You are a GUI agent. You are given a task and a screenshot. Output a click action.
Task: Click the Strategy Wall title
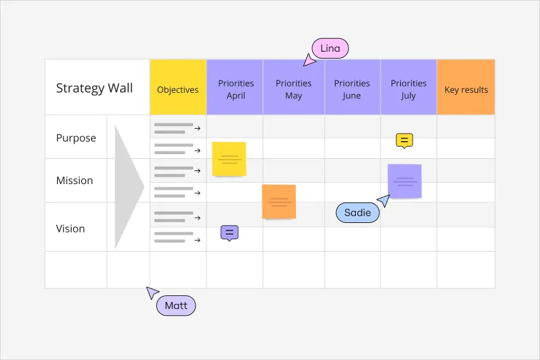pos(94,88)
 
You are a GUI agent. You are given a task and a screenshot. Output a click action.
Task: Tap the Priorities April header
pos(236,89)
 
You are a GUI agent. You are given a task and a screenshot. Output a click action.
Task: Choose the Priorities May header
pos(293,89)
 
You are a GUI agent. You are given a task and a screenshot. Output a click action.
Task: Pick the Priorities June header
pos(352,89)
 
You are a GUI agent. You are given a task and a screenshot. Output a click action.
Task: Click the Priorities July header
pos(408,89)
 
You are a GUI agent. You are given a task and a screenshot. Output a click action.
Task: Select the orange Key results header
pos(466,89)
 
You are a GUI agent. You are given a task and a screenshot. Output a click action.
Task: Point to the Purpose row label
pos(76,138)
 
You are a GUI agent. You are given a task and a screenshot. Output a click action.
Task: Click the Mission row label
pos(74,181)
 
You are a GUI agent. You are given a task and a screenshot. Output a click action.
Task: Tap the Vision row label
pos(70,228)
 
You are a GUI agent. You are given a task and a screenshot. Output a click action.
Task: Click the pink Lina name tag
pos(330,48)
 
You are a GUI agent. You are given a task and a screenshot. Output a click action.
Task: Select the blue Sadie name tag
pos(357,212)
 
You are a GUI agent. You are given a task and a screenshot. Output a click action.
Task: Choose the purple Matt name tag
pos(176,305)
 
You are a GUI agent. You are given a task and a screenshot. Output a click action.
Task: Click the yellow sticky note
pos(229,159)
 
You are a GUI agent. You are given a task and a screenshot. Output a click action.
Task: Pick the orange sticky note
pos(279,202)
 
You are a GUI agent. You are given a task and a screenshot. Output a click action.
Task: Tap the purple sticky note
pos(404,181)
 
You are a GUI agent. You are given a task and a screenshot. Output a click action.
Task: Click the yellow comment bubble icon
pos(404,141)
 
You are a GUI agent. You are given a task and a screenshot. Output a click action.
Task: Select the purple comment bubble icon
pos(229,233)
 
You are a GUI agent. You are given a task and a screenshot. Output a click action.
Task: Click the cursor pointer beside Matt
pos(152,292)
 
